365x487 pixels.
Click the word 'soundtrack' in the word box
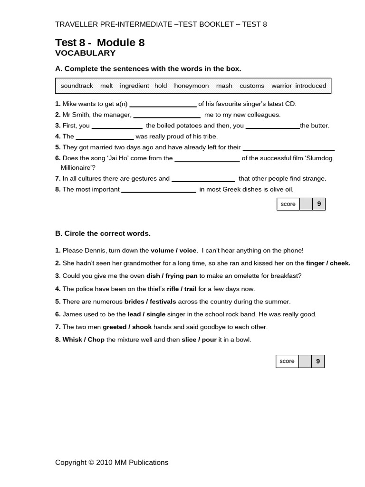77,86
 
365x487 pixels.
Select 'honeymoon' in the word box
192,86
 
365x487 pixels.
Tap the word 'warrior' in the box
281,86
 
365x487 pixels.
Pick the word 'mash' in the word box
224,86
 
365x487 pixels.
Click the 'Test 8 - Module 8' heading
100,43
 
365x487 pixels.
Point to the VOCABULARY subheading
85,53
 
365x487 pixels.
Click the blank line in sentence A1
163,105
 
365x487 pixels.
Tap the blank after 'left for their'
288,149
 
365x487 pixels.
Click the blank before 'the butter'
272,127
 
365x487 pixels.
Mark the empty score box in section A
306,204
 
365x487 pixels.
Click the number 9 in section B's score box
318,361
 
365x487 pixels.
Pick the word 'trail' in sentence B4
190,289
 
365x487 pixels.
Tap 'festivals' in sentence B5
163,302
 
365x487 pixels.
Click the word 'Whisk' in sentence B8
72,340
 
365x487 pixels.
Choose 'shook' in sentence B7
142,327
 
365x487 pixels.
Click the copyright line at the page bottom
112,462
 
